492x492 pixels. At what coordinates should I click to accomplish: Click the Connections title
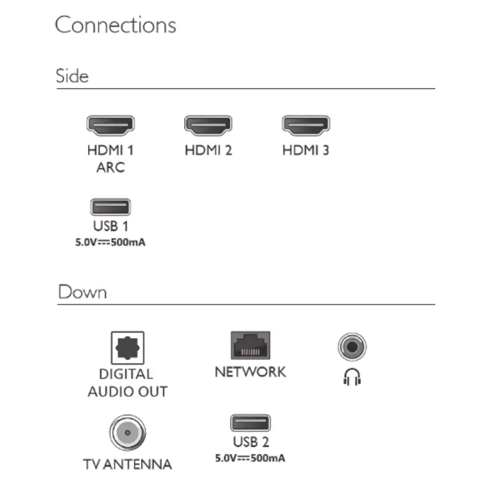point(115,25)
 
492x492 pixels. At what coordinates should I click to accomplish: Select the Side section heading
point(72,76)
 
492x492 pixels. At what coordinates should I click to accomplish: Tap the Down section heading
point(82,292)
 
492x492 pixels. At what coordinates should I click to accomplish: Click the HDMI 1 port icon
point(111,124)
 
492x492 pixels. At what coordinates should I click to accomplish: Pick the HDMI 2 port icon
point(208,124)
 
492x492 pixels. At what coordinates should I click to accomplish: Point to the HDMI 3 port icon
point(306,124)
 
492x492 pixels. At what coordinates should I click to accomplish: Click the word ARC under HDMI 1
point(110,168)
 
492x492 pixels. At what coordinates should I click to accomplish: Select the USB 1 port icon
point(111,207)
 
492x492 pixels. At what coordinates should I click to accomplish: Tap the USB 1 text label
point(110,226)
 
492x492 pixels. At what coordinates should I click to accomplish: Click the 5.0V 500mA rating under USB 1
point(110,243)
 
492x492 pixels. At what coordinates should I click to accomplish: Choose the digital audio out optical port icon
point(127,348)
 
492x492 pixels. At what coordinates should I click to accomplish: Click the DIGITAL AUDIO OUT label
point(127,383)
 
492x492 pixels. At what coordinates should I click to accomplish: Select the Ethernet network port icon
point(250,346)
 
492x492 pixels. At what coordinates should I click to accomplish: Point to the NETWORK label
point(250,372)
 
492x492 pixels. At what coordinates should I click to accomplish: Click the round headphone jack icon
point(352,347)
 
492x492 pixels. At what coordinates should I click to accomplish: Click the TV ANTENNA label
point(127,464)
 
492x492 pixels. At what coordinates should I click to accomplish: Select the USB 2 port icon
point(250,423)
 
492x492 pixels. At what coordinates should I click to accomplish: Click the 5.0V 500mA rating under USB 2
point(250,458)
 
